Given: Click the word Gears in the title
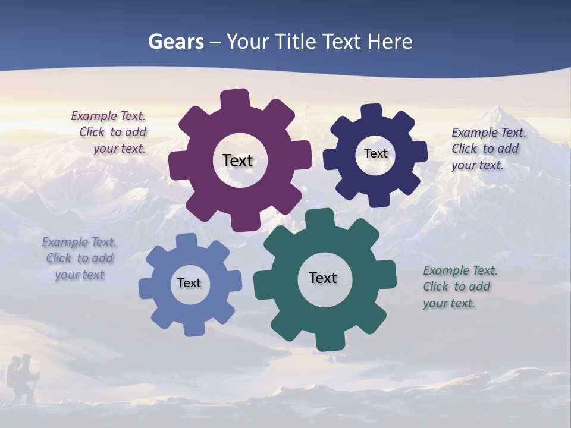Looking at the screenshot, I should [175, 42].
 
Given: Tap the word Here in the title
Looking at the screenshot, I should [390, 42].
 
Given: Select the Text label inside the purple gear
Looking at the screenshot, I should [237, 160].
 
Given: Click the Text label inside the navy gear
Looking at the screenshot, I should [375, 153].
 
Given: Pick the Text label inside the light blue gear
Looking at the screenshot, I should [189, 284].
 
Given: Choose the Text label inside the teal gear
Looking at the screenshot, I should [323, 278].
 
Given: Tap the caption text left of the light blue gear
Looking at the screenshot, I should [80, 259].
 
